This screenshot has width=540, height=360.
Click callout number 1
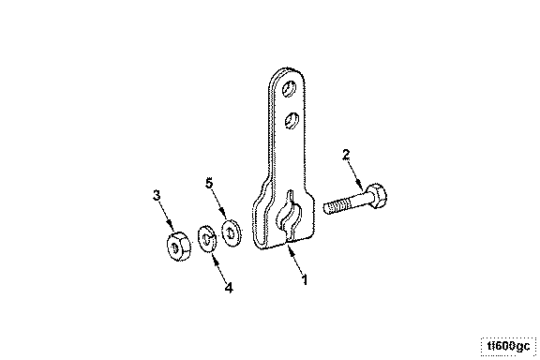[304, 279]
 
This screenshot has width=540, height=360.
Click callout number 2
[346, 155]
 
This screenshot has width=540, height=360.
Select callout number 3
[157, 195]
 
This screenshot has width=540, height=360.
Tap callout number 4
[229, 287]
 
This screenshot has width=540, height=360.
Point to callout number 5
[209, 183]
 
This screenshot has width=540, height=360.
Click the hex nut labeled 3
[177, 246]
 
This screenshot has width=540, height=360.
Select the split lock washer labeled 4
[206, 238]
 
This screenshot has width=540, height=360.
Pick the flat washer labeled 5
[231, 232]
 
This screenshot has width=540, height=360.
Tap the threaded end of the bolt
[337, 207]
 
